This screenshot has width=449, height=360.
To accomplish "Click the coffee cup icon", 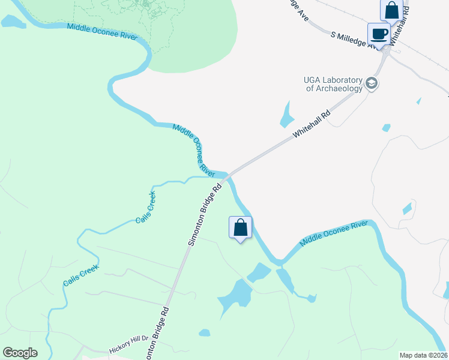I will coord(378,34).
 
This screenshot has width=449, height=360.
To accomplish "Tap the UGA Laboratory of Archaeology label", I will coord(334,85).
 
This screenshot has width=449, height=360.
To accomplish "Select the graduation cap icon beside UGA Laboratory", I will coord(372,83).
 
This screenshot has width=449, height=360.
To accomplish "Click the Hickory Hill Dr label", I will coord(128,349).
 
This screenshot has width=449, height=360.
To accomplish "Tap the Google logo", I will coord(20,353).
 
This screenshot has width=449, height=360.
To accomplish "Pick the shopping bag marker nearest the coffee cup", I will coord(391,10).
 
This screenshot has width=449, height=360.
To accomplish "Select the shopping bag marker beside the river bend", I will coord(240,227).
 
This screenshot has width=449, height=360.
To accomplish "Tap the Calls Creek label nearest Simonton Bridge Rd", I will coord(146,207).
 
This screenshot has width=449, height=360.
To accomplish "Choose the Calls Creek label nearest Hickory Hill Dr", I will coord(80,276).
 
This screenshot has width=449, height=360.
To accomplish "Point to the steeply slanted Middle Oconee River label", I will coord(194,148).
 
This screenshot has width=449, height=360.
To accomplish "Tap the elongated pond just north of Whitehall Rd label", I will coord(286,114).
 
